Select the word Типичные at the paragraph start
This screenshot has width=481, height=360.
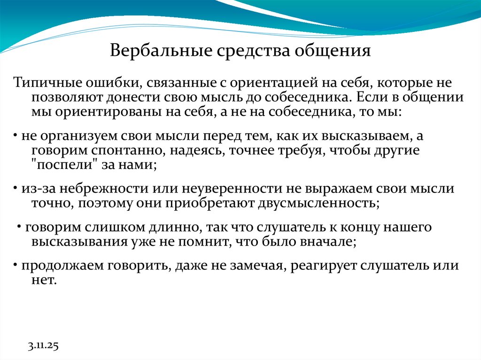pyautogui.click(x=45, y=84)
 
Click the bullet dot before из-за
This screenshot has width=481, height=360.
pyautogui.click(x=15, y=189)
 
